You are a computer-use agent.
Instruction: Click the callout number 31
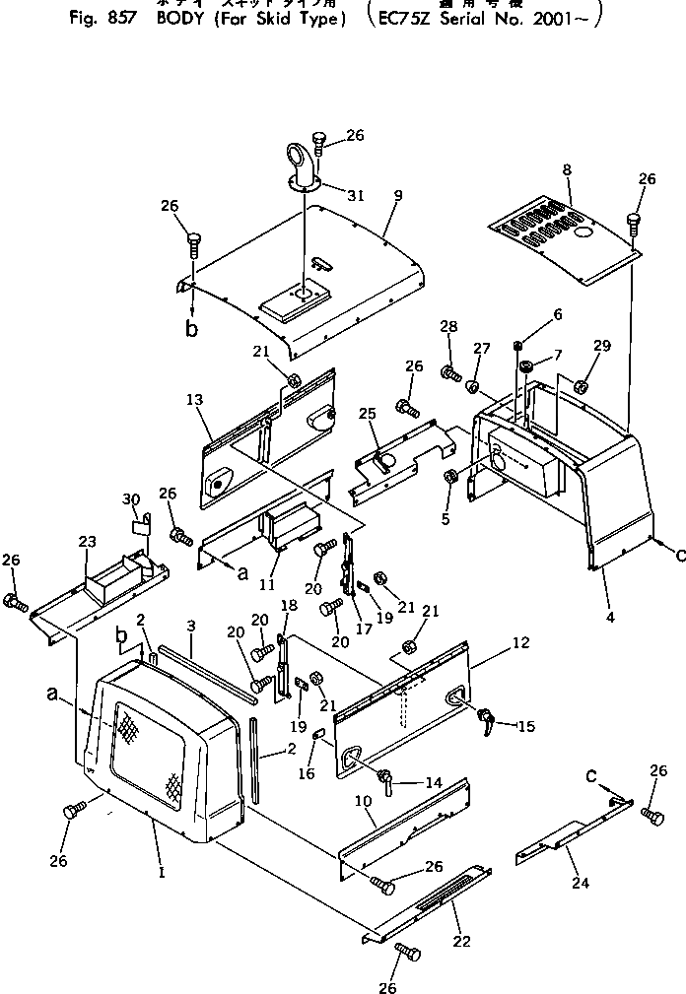coord(356,195)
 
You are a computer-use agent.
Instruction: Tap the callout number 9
coord(397,196)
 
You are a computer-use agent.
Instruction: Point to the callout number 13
coord(193,399)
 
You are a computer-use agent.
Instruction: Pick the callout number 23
coord(88,541)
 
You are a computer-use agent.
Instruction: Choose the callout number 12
coord(520,643)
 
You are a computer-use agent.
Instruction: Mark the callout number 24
coord(580,883)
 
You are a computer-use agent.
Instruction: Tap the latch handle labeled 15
coord(486,716)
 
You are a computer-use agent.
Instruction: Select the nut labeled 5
coord(451,478)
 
